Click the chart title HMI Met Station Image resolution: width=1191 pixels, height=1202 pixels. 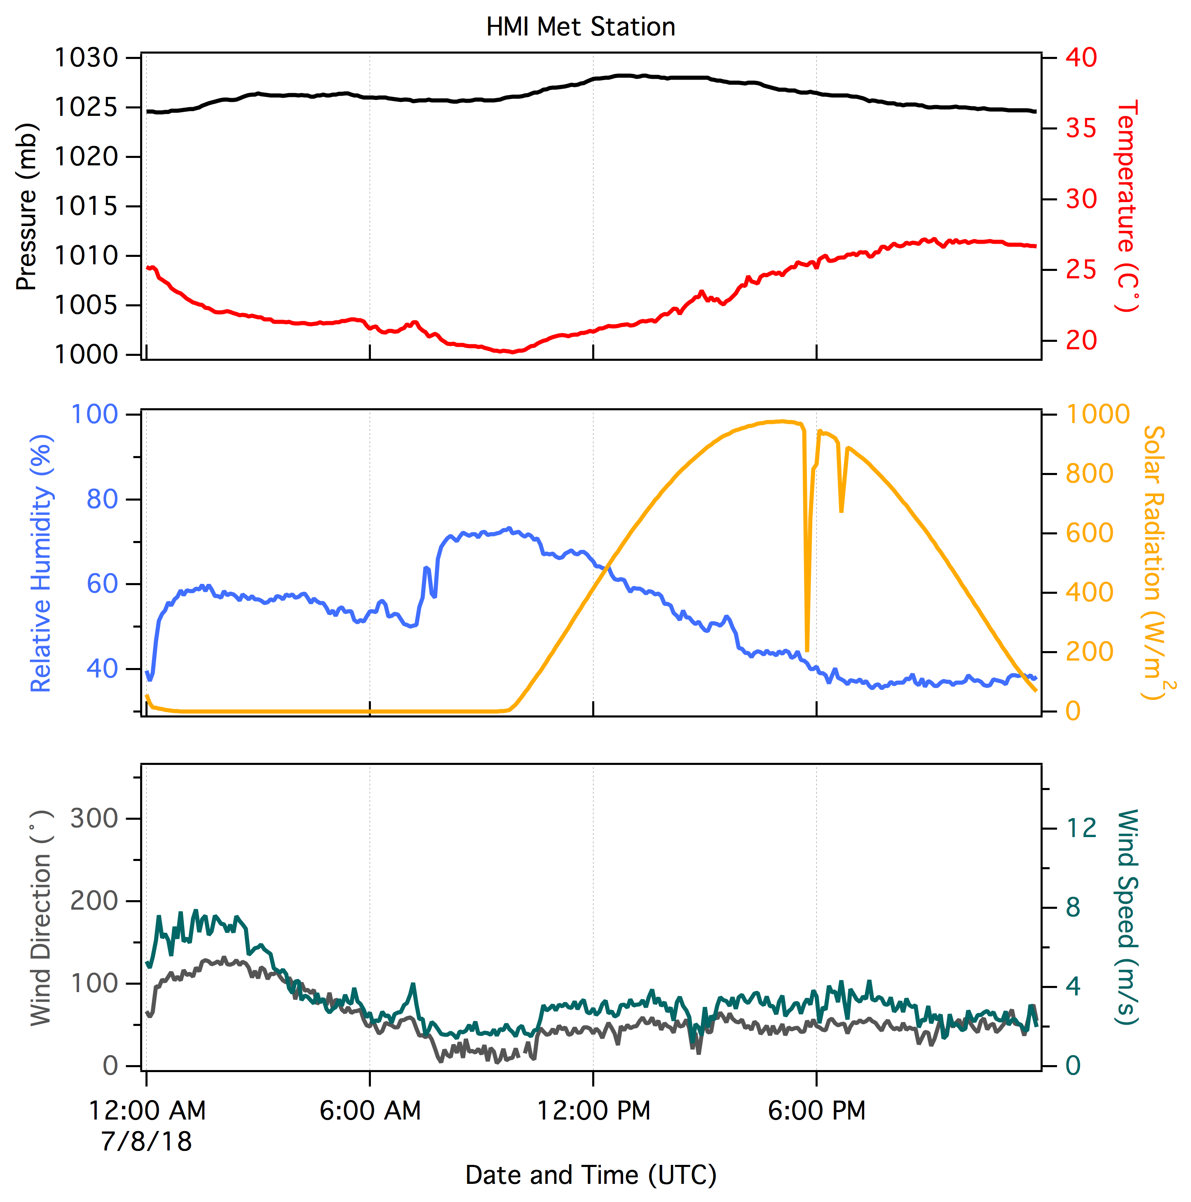[580, 27]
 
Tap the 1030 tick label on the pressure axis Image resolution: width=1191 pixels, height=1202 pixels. [87, 58]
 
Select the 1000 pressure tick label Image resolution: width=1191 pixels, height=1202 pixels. [87, 355]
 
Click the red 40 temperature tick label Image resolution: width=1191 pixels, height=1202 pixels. [1081, 58]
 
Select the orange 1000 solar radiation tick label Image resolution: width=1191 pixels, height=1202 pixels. [1097, 414]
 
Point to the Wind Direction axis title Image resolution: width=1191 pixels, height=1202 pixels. [42, 917]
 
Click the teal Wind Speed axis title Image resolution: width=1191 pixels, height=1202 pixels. [1127, 917]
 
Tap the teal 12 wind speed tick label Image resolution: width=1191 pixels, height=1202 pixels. [1081, 828]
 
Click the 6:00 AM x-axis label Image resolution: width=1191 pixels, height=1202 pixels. [370, 1110]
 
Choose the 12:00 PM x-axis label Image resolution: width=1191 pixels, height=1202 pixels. [593, 1110]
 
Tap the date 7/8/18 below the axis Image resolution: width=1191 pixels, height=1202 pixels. [147, 1142]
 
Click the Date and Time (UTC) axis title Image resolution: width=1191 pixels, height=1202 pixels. [591, 1175]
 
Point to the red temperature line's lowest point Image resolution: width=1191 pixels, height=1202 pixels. [511, 351]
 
